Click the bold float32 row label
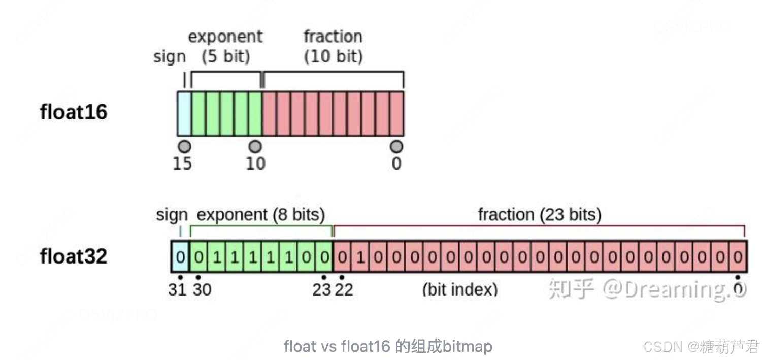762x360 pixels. pyautogui.click(x=74, y=256)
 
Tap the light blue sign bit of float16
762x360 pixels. pyautogui.click(x=184, y=114)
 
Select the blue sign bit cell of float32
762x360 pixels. pyautogui.click(x=180, y=257)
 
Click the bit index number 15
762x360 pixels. pyautogui.click(x=182, y=164)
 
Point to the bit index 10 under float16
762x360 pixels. pyautogui.click(x=255, y=164)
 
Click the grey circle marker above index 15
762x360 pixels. pyautogui.click(x=185, y=147)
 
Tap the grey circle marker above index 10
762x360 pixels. pyautogui.click(x=255, y=147)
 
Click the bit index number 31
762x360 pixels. pyautogui.click(x=178, y=289)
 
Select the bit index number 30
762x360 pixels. pyautogui.click(x=202, y=289)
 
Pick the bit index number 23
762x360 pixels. pyautogui.click(x=322, y=289)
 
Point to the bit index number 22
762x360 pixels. pyautogui.click(x=344, y=289)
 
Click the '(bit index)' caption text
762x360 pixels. pyautogui.click(x=460, y=289)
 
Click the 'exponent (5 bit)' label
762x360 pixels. pyautogui.click(x=225, y=46)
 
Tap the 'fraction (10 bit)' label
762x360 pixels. pyautogui.click(x=333, y=46)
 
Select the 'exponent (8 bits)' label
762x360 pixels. pyautogui.click(x=260, y=215)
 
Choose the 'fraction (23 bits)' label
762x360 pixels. pyautogui.click(x=539, y=215)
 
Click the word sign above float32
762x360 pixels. pyautogui.click(x=172, y=215)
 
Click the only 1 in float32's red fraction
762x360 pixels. pyautogui.click(x=360, y=257)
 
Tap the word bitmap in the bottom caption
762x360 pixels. pyautogui.click(x=468, y=347)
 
